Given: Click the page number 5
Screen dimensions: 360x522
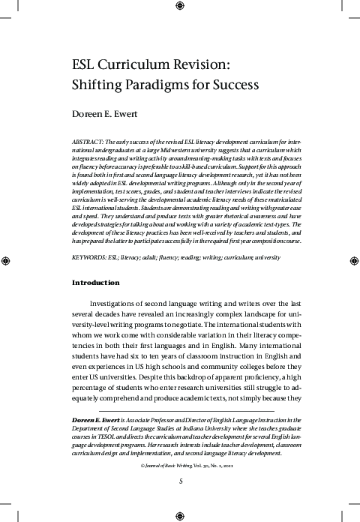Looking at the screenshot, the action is click(181, 481).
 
